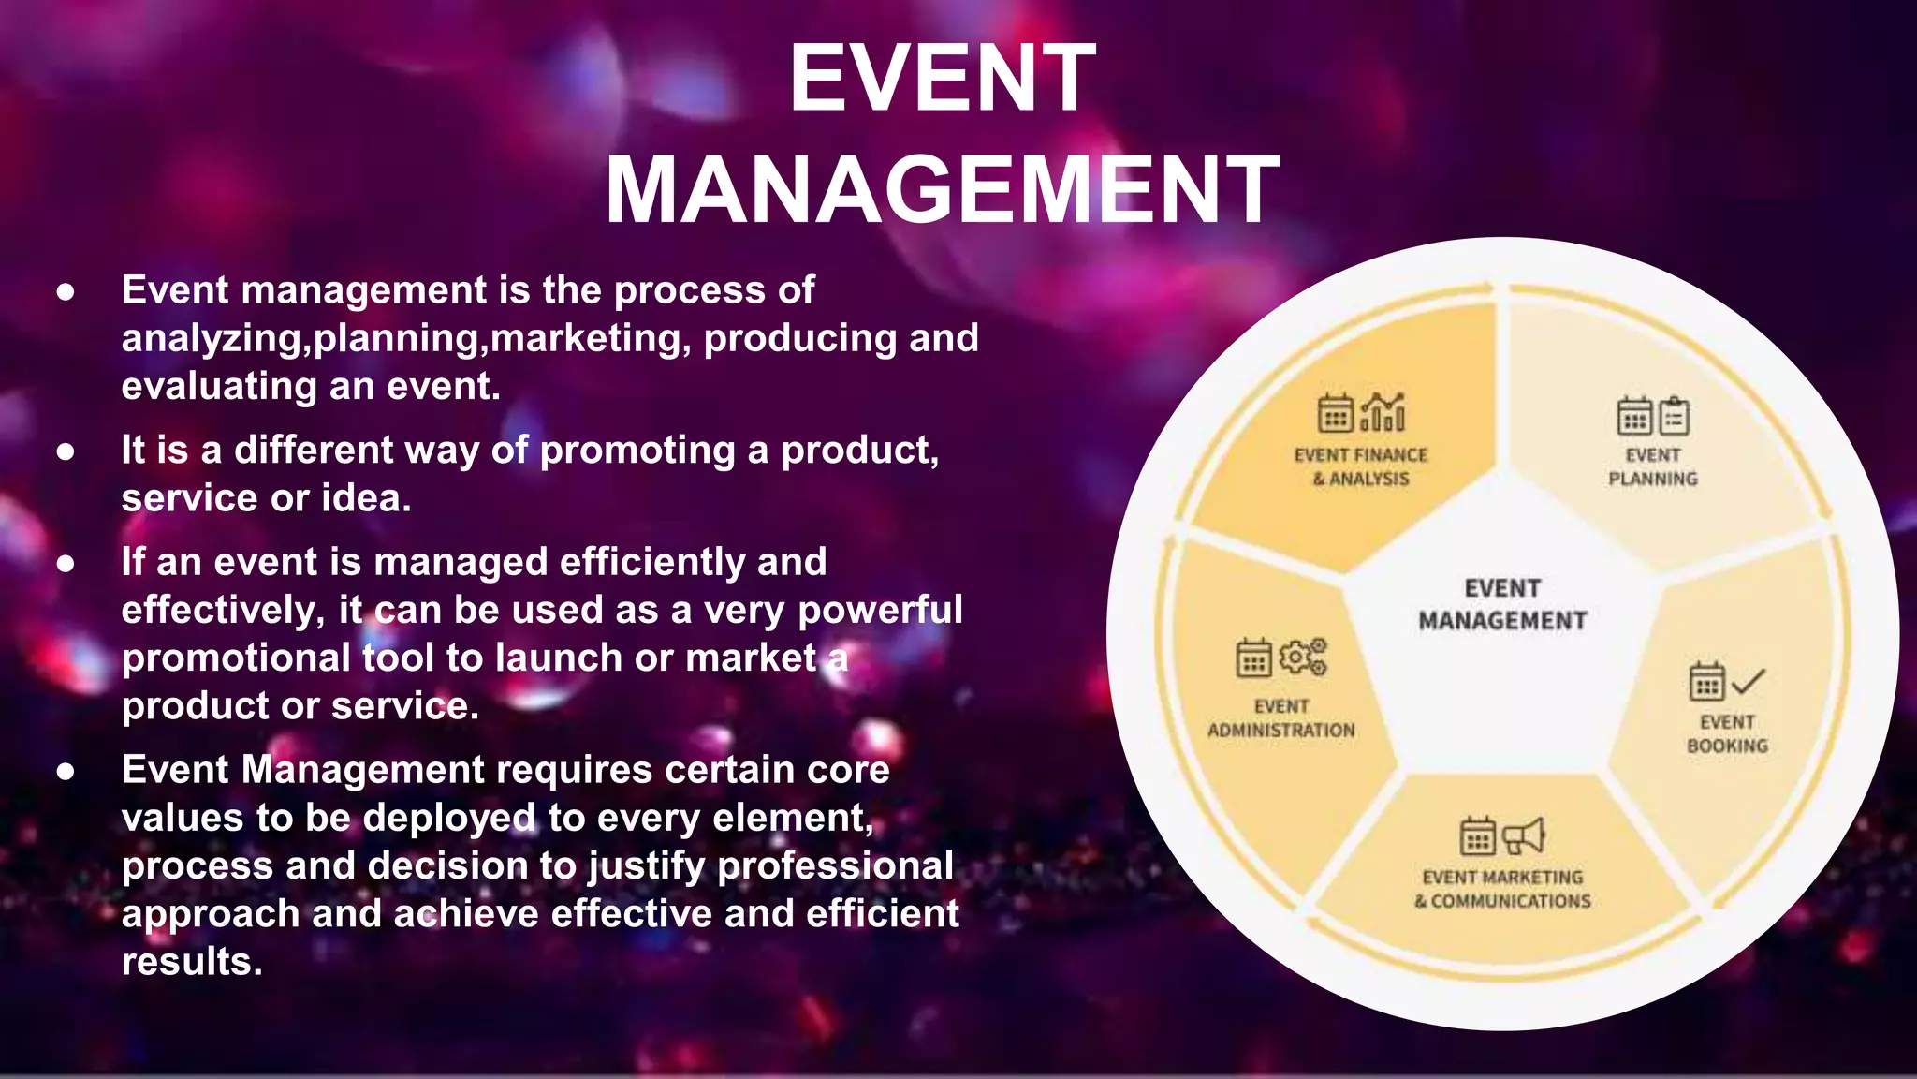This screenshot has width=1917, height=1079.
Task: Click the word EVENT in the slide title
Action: pyautogui.click(x=942, y=79)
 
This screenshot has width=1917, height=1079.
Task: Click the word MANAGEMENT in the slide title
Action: pyautogui.click(x=942, y=190)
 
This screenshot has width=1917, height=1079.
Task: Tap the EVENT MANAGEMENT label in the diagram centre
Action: pyautogui.click(x=1502, y=604)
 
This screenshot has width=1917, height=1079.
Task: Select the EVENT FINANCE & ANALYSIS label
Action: pyautogui.click(x=1361, y=466)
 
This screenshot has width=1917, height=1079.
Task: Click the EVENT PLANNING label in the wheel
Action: pyautogui.click(x=1653, y=466)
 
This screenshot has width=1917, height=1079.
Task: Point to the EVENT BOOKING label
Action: pyautogui.click(x=1727, y=733)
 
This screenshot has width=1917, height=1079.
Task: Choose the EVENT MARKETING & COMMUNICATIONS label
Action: pyautogui.click(x=1502, y=889)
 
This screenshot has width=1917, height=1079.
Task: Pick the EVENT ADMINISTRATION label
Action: pyautogui.click(x=1280, y=717)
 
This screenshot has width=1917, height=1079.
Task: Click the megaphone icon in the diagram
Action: pyautogui.click(x=1523, y=835)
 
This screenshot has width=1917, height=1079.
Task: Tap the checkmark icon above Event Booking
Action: pyautogui.click(x=1748, y=681)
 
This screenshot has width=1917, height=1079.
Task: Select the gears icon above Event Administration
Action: pyautogui.click(x=1303, y=657)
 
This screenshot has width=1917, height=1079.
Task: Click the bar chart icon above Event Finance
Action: pyautogui.click(x=1383, y=412)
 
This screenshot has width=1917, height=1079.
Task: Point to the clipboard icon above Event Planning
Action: pyautogui.click(x=1675, y=417)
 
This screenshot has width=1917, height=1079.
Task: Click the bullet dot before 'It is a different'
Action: pyautogui.click(x=66, y=451)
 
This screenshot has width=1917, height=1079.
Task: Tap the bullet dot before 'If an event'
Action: pyautogui.click(x=66, y=563)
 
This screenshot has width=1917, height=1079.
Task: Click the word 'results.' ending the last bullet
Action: pyautogui.click(x=192, y=962)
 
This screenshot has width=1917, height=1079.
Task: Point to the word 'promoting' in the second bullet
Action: pyautogui.click(x=637, y=451)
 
